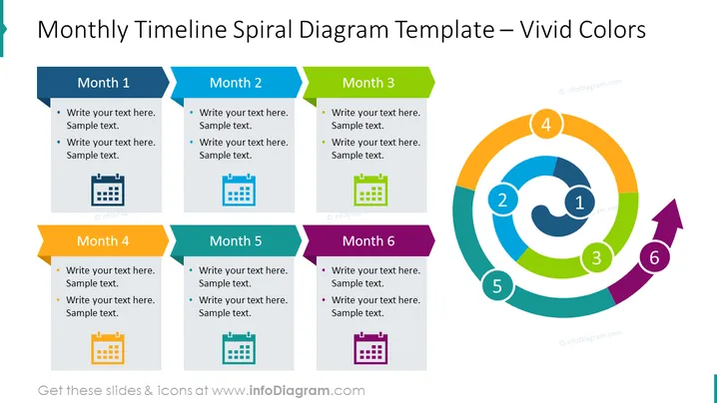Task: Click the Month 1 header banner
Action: [103, 83]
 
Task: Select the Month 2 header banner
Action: [236, 83]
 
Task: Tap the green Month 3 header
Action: [368, 83]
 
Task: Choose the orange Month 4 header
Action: [103, 240]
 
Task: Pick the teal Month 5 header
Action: [236, 240]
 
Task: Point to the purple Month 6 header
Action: [368, 240]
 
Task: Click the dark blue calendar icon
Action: [108, 191]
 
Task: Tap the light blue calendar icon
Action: [239, 191]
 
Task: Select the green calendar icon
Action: [370, 191]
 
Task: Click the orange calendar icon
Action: [108, 348]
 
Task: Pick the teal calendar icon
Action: [239, 348]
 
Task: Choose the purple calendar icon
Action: [370, 348]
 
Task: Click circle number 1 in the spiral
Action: [579, 201]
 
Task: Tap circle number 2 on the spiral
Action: [502, 201]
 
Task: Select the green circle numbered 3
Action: [596, 257]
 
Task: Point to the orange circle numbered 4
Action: [546, 125]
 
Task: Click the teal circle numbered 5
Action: [497, 286]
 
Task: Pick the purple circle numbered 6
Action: [654, 257]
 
